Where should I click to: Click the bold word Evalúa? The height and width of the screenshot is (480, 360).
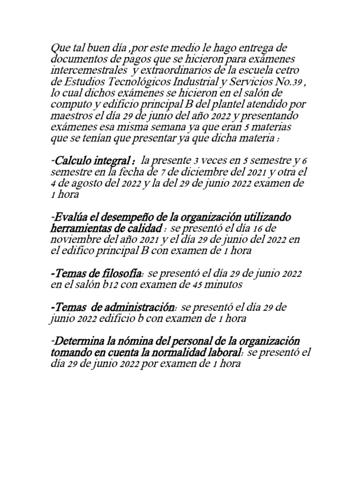pos(70,218)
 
